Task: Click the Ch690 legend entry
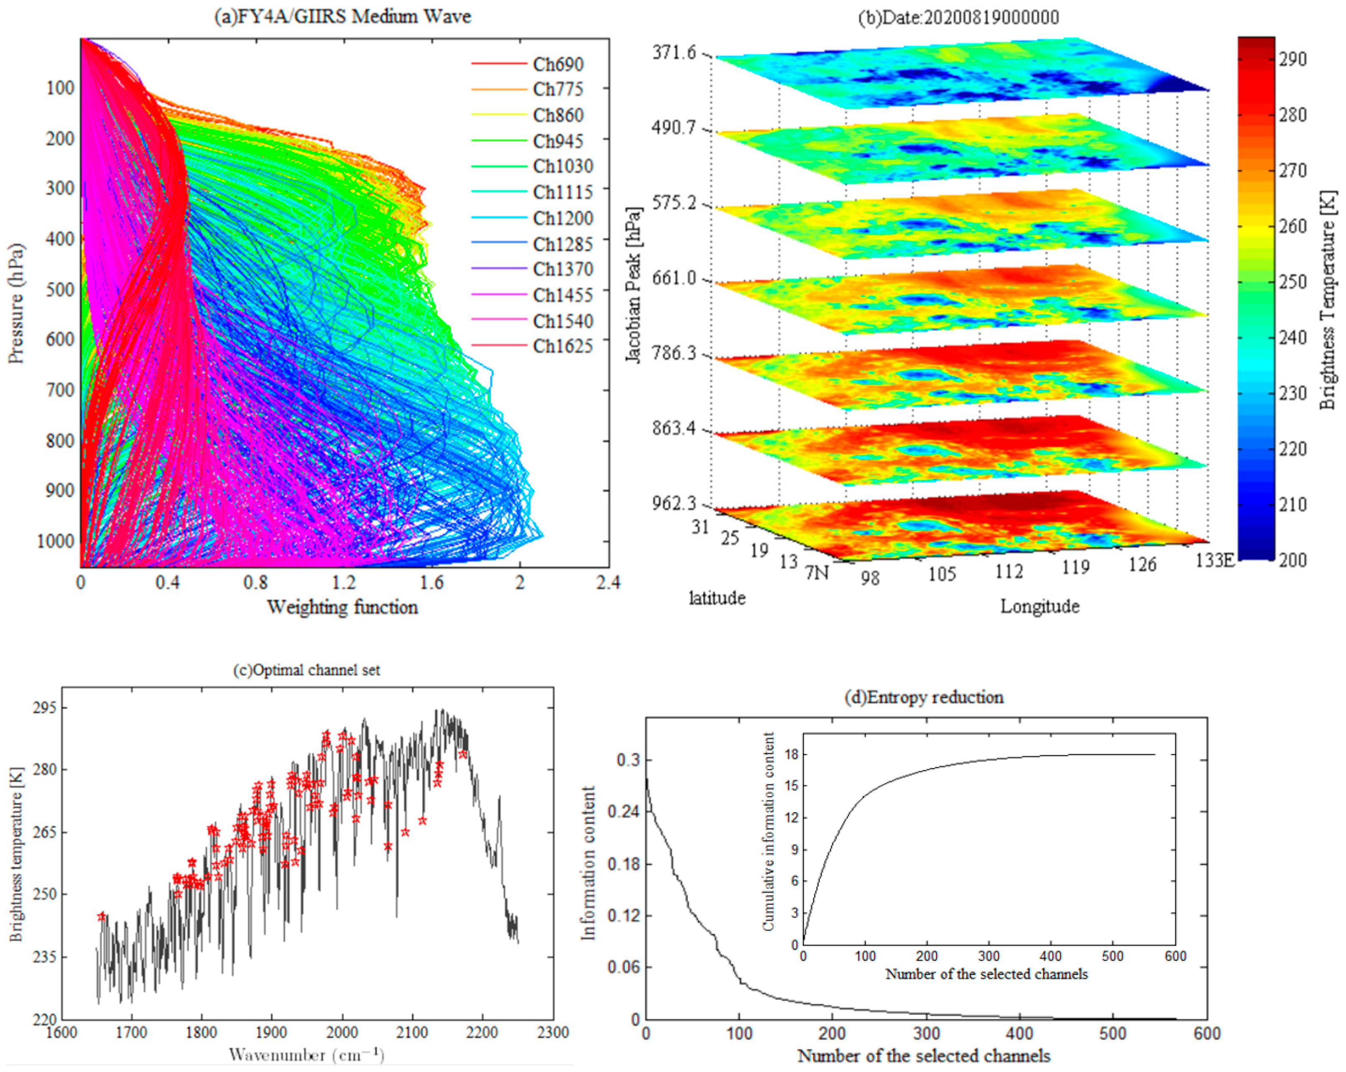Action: click(557, 64)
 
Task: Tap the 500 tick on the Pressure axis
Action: click(60, 290)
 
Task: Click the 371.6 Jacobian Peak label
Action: click(674, 53)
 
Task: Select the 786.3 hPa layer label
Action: click(674, 354)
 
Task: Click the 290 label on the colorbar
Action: click(1292, 59)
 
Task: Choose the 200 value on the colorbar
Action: click(1292, 559)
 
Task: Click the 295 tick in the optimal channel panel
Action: click(44, 708)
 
